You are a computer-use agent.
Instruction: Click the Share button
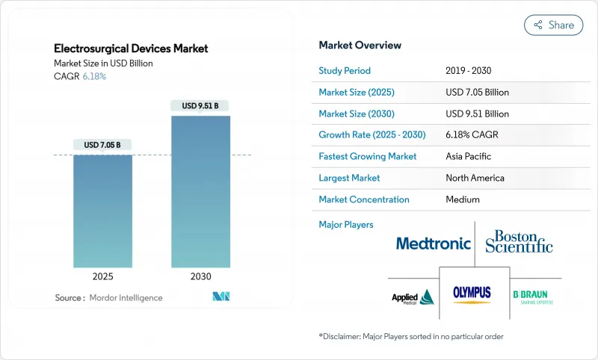554,25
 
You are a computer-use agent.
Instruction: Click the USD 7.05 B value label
102,144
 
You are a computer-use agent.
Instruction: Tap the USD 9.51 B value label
200,105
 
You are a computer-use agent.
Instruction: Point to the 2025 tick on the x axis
102,276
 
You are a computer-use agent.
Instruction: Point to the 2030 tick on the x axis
200,276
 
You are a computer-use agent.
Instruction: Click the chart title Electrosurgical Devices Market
131,49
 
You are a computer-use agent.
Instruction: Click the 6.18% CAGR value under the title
93,76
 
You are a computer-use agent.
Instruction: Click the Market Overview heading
360,46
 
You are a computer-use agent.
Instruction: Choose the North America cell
475,178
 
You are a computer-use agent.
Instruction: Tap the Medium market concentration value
462,199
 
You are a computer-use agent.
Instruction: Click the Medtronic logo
433,243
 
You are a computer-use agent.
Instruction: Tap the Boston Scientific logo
519,241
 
